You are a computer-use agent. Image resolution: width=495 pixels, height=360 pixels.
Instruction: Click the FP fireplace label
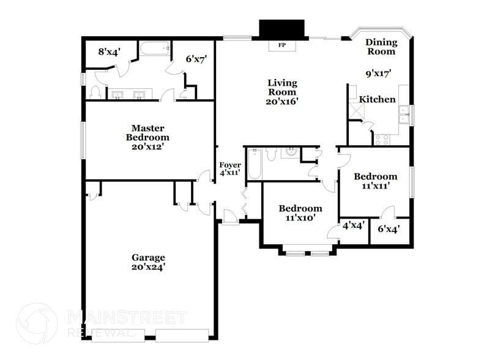[281, 45]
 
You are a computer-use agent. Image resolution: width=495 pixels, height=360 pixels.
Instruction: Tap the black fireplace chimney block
[281, 29]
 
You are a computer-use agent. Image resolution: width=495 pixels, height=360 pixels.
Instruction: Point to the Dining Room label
[381, 47]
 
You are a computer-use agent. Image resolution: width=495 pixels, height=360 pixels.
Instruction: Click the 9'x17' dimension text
[378, 73]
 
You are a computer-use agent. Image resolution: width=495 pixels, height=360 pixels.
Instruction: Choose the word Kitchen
[377, 99]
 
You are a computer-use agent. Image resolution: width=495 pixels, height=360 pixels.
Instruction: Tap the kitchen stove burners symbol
[382, 139]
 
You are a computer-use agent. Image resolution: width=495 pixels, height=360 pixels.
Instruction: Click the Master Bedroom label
[147, 133]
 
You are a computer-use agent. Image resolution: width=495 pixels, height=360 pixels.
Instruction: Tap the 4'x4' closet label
[354, 225]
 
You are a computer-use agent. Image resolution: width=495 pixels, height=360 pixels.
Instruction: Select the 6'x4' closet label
[389, 230]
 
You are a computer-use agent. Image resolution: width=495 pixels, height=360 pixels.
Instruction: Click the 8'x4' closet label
[109, 51]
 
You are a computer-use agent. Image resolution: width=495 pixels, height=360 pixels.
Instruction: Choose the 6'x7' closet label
[196, 59]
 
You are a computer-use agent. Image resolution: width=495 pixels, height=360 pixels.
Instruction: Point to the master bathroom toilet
[95, 92]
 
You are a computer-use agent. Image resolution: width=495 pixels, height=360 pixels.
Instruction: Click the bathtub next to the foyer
[254, 163]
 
